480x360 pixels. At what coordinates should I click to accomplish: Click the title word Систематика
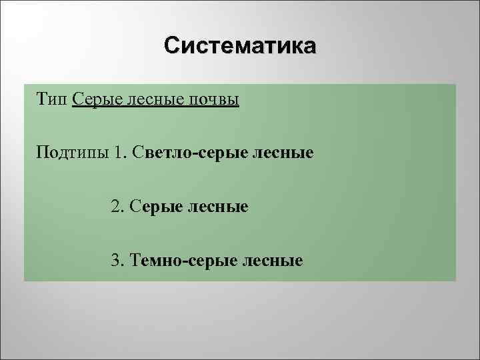241,46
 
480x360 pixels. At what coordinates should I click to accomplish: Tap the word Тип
52,99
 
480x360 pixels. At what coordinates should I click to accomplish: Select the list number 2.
117,207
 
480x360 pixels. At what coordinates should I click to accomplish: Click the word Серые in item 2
154,207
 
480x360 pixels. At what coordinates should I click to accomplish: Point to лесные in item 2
217,207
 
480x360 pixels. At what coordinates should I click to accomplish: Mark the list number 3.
117,260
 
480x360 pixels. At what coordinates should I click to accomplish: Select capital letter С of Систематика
172,46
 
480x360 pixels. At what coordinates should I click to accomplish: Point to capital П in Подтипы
42,153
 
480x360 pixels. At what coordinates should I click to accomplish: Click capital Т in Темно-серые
137,260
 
